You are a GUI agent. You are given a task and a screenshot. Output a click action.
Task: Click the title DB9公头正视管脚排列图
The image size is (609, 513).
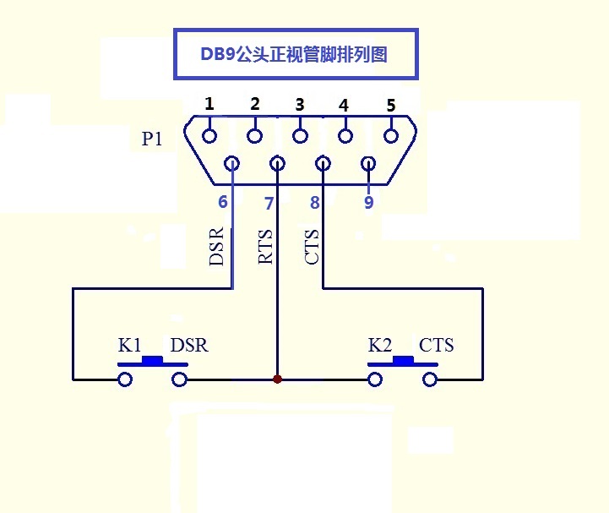(x=295, y=55)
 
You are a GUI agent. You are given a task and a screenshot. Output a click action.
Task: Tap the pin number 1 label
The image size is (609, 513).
(x=209, y=104)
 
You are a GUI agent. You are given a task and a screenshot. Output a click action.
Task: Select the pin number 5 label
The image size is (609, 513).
(x=390, y=106)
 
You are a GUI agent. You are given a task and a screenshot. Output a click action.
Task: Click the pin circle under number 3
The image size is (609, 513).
(x=300, y=135)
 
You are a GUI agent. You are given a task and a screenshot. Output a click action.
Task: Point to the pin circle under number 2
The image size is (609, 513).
(x=255, y=135)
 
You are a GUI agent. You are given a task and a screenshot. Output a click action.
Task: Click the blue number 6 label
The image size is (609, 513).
(x=223, y=202)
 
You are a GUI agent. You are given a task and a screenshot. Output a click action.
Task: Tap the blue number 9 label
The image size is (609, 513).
(x=368, y=202)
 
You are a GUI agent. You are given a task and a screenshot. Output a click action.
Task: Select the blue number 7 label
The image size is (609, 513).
(x=269, y=203)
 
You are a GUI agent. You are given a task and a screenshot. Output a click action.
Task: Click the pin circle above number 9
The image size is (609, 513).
(x=368, y=163)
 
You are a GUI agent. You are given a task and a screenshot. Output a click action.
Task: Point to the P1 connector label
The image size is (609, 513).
(x=152, y=139)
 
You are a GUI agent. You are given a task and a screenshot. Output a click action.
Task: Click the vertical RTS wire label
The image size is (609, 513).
(x=266, y=247)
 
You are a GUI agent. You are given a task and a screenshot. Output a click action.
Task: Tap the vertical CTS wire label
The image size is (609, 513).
(x=312, y=247)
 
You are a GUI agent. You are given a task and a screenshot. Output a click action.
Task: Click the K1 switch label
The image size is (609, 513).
(x=129, y=345)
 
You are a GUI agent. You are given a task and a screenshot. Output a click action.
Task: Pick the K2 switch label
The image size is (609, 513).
(x=380, y=345)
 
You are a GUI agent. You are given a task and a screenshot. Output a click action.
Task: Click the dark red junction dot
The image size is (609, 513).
(x=277, y=379)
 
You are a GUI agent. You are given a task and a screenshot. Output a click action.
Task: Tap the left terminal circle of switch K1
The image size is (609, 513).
(x=125, y=379)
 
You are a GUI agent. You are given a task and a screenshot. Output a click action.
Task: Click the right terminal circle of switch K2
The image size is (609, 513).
(x=430, y=379)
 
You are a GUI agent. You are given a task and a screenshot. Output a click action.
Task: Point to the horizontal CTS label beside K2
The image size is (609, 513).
(x=436, y=345)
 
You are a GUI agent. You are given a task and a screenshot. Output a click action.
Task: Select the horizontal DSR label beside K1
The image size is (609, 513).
(x=189, y=345)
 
